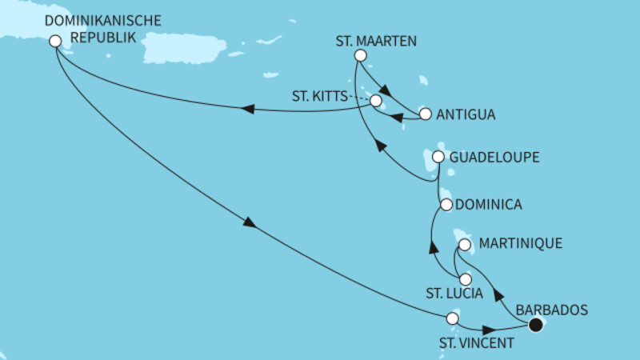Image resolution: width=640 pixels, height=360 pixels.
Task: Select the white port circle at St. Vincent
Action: point(452,319)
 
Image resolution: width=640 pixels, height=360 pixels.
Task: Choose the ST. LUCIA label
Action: point(454,294)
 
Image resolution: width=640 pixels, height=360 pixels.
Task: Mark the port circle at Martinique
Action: point(464,243)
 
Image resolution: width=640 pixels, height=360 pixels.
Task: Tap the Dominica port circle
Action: point(446,206)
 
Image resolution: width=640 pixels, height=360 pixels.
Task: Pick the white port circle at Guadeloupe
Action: point(438,158)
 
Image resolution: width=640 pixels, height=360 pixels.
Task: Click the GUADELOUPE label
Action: point(494,158)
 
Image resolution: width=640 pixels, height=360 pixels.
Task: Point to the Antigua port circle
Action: point(425,114)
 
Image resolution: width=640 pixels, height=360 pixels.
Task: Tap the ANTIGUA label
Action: point(466,114)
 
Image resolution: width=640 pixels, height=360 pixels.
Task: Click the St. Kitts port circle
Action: point(375,101)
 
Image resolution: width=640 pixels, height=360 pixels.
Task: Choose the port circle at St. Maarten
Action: point(360,56)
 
